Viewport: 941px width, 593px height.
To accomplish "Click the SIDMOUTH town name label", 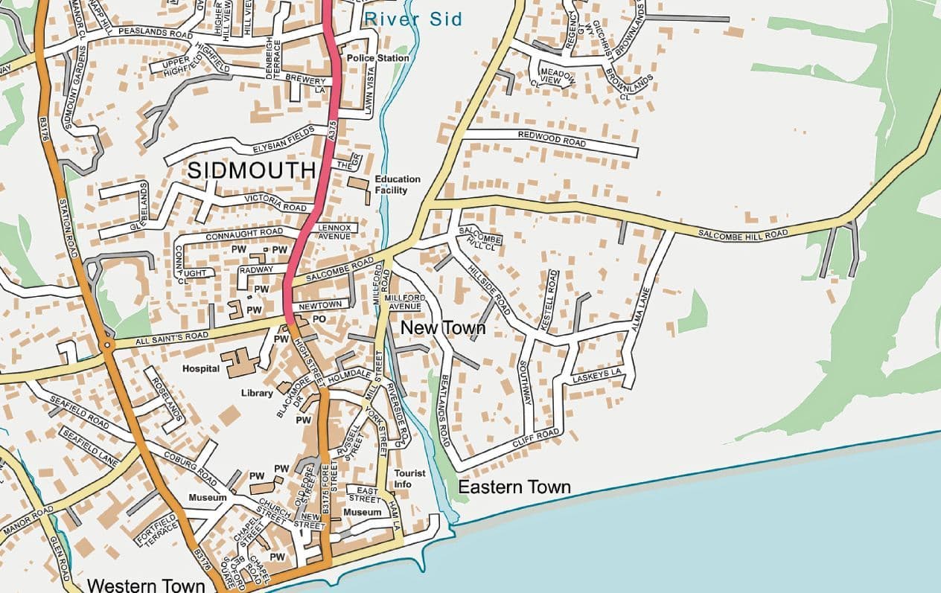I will (252, 170).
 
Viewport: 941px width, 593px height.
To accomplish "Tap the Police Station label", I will (378, 58).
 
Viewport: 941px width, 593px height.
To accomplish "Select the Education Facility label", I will (397, 185).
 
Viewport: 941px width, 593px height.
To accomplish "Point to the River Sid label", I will (413, 19).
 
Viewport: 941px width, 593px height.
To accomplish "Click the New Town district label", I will (443, 328).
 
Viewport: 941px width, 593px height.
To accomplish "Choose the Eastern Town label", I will (514, 488).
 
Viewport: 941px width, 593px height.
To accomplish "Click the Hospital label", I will (201, 368).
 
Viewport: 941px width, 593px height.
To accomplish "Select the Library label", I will (257, 393).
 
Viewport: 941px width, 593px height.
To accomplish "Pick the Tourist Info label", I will (409, 478).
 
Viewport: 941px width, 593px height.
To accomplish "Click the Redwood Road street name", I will (552, 138).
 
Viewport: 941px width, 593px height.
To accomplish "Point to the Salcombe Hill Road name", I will (742, 234).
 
